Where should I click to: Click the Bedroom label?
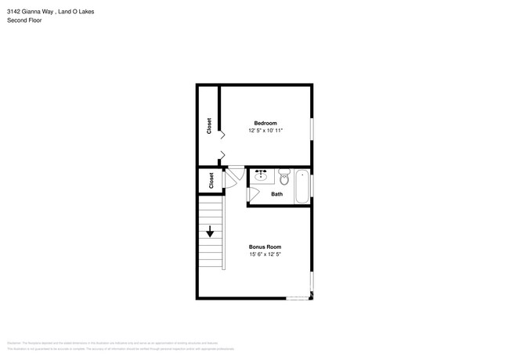265,123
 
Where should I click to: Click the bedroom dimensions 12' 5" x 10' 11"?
265,131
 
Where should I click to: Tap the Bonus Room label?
265,247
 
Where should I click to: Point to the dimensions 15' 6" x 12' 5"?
265,254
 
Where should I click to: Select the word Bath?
276,194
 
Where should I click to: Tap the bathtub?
301,186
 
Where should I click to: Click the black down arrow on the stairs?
211,231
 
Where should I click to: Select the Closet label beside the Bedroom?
209,126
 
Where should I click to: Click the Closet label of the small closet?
211,181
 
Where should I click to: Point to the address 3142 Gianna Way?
31,12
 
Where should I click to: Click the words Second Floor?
24,20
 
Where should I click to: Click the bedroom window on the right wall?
312,129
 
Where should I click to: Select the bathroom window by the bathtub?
312,185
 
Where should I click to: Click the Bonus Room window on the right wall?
312,282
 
